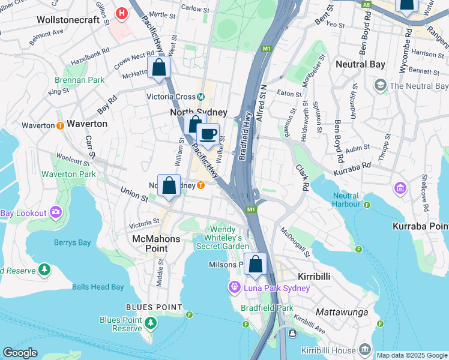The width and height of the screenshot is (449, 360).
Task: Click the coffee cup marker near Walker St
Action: (x=208, y=134)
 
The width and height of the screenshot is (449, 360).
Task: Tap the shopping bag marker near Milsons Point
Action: (x=256, y=264)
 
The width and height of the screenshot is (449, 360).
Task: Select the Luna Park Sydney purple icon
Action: (x=234, y=288)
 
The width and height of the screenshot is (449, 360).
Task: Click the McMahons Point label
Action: (x=156, y=239)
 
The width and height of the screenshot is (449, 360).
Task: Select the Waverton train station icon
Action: (x=60, y=125)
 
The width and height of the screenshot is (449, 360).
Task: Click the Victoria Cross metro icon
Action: (x=202, y=97)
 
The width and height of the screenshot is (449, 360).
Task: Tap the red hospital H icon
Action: (x=122, y=13)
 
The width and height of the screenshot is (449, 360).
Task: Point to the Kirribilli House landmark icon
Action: (x=365, y=350)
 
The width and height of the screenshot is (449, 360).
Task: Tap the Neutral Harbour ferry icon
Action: (x=367, y=205)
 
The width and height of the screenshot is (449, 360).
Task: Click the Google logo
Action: (x=20, y=353)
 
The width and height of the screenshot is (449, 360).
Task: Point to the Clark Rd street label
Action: (x=301, y=178)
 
